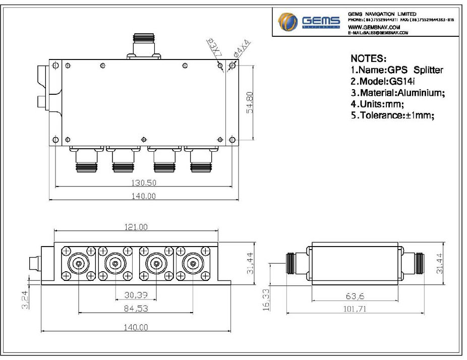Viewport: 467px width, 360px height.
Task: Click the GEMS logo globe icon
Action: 287,22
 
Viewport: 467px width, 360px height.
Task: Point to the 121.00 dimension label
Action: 136,227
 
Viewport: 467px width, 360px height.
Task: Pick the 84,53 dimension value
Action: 136,308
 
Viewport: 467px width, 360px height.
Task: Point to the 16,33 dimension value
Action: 266,298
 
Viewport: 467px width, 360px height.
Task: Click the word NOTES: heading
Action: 368,58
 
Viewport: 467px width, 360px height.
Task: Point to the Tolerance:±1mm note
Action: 392,114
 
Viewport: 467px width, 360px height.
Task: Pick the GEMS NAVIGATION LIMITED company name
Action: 382,14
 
